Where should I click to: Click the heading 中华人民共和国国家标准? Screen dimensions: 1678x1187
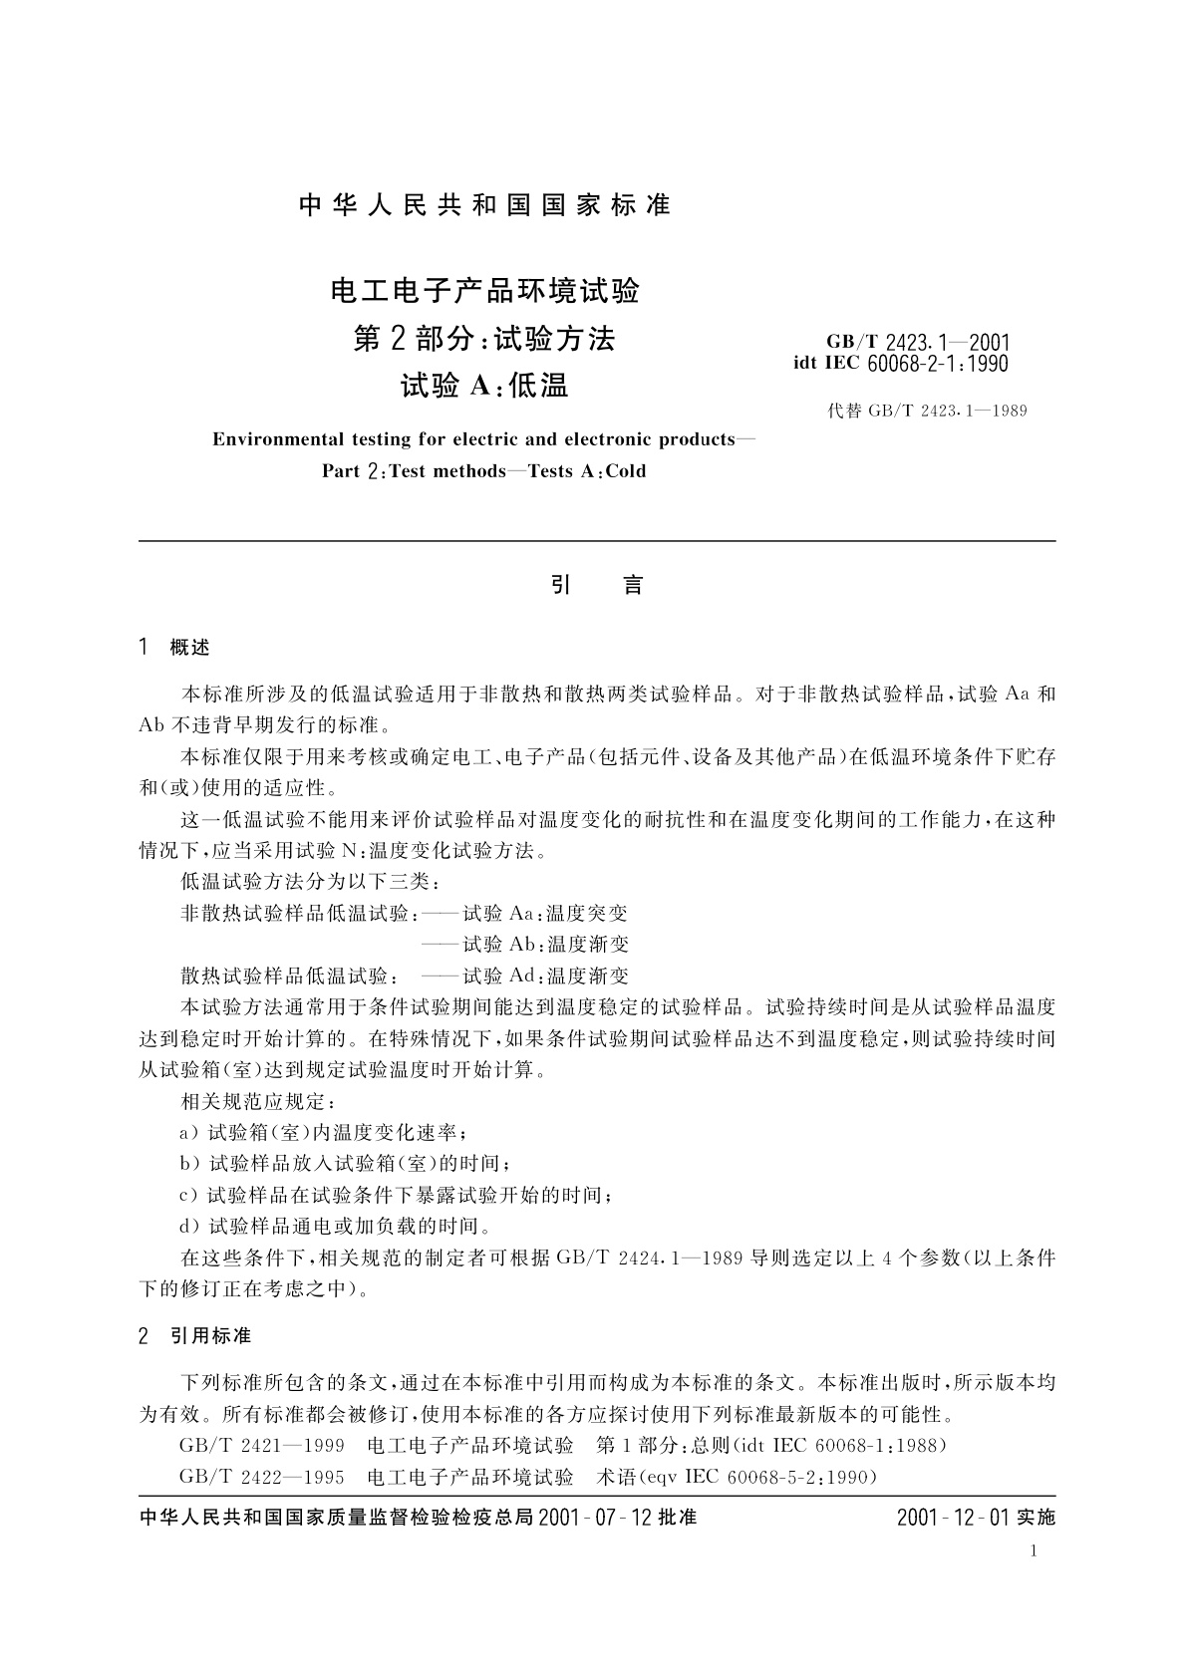point(484,206)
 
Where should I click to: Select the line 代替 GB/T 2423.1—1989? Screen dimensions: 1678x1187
point(927,411)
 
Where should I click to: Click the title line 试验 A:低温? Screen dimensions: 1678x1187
point(484,386)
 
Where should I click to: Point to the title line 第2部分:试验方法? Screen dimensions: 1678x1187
point(484,340)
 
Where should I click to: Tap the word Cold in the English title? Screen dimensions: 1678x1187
point(625,471)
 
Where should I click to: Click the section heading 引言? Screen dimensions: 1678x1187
point(596,586)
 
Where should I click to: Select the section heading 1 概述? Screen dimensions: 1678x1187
point(175,649)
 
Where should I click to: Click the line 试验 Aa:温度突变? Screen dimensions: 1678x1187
point(545,913)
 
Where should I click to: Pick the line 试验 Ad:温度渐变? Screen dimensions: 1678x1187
point(545,976)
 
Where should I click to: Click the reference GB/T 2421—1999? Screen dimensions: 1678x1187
point(262,1445)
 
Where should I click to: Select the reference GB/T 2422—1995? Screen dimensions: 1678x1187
point(262,1476)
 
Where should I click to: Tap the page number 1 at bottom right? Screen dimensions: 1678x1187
point(1034,1550)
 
